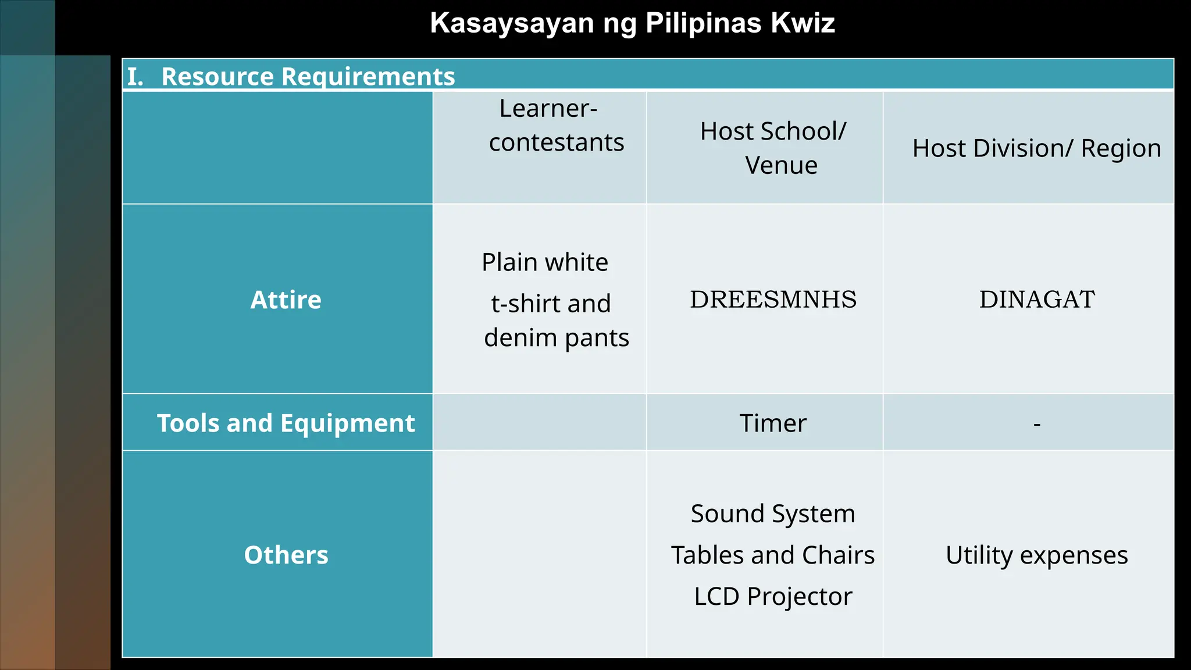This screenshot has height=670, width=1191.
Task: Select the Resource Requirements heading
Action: click(308, 77)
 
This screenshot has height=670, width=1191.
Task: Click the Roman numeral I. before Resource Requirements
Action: click(135, 77)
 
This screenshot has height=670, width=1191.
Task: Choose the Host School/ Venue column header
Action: click(773, 148)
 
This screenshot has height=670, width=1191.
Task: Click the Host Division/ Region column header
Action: click(1036, 148)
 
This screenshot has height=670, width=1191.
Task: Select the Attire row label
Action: click(286, 300)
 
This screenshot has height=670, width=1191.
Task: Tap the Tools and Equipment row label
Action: click(286, 423)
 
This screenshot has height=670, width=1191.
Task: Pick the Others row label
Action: click(286, 555)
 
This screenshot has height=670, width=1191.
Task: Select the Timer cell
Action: click(773, 423)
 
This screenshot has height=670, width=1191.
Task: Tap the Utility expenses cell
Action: click(1037, 555)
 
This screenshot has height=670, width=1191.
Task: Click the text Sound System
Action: click(773, 514)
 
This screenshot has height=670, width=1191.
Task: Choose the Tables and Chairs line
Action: click(773, 555)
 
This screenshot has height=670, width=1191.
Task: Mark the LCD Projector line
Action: click(773, 597)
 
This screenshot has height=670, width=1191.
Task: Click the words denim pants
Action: click(557, 338)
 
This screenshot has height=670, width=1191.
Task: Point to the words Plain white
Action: click(545, 262)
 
